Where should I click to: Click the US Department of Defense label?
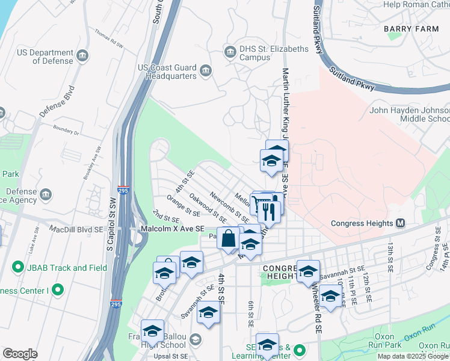click(45, 57)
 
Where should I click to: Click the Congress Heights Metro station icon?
click(401, 223)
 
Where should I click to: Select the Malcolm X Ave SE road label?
click(172, 229)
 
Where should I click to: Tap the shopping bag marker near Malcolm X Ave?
click(229, 238)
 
